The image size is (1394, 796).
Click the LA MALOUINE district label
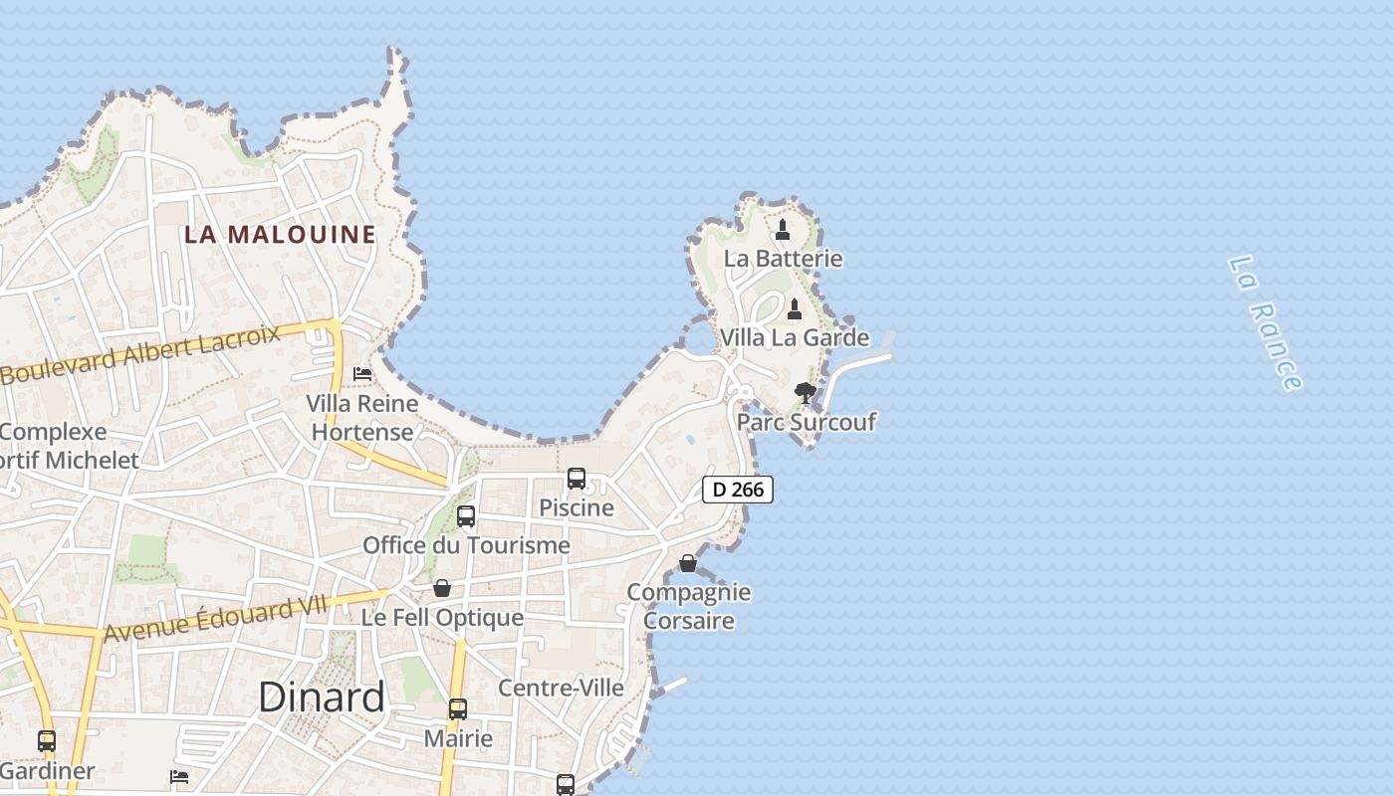coord(280,235)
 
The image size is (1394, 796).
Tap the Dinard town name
coord(321,697)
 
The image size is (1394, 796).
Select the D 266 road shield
coord(738,490)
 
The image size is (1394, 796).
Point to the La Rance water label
coord(1265,323)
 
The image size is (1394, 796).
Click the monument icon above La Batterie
coord(783,230)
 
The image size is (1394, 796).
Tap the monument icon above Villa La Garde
coord(795,308)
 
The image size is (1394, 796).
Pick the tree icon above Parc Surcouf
coord(805,393)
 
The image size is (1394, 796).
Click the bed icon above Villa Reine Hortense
coord(362,374)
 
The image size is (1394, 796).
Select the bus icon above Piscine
coord(577,479)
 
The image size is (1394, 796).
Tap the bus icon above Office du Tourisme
coord(466,516)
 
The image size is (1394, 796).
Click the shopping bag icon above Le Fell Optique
coord(442,588)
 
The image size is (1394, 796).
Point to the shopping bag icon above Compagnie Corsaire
coord(688,563)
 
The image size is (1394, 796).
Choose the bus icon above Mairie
coord(458,709)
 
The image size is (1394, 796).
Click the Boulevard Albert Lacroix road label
coord(140,354)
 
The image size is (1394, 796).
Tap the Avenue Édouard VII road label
coord(215,619)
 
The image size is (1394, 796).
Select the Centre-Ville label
coord(561,688)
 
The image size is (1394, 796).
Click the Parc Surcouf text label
coord(806,422)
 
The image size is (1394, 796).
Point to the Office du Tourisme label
coord(466,545)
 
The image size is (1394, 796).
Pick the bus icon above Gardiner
coord(47,741)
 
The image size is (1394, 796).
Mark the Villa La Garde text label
coord(794,337)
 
